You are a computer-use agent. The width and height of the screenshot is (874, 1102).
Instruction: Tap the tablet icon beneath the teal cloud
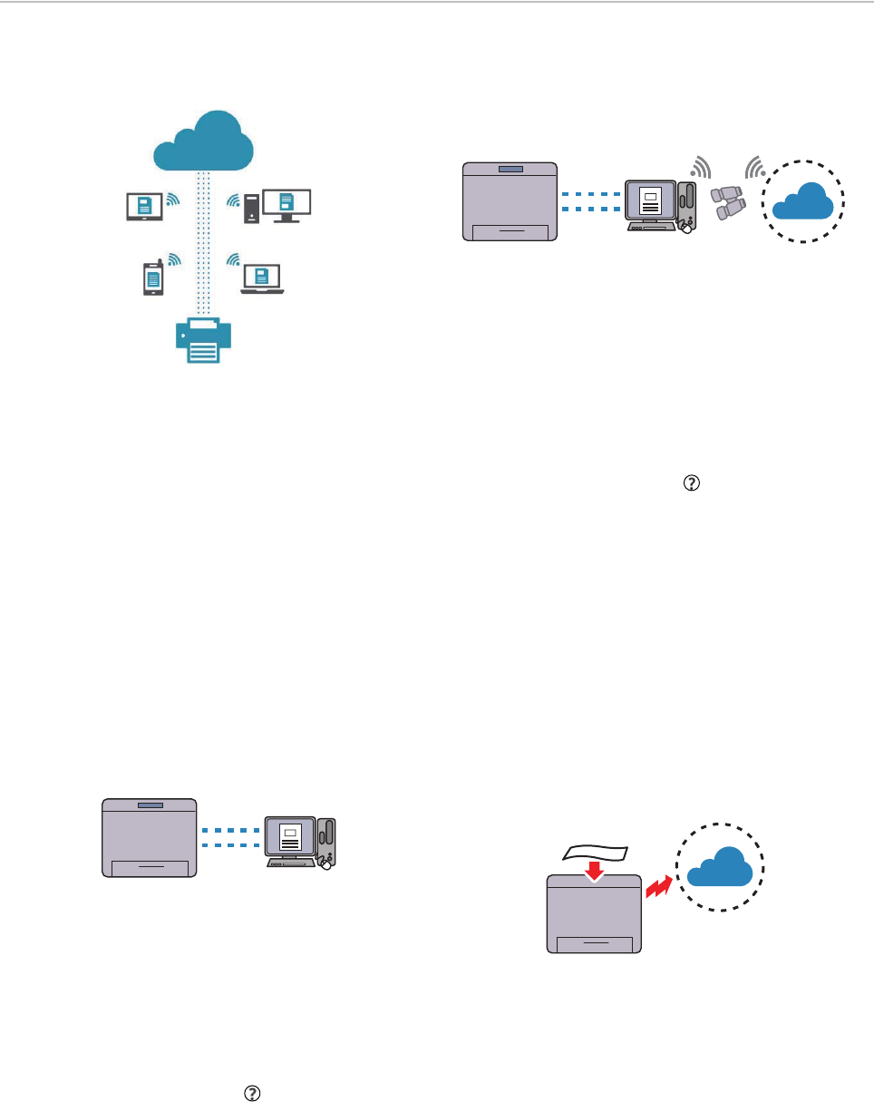[143, 206]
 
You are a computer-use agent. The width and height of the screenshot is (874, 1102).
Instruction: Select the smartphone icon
[151, 278]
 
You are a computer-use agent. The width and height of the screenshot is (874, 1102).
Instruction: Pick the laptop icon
[263, 278]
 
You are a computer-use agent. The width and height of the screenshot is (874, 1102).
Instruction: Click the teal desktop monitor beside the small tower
[286, 205]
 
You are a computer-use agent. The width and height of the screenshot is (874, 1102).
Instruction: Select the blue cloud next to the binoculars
[802, 200]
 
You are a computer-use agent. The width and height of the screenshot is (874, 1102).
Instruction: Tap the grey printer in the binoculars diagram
[509, 201]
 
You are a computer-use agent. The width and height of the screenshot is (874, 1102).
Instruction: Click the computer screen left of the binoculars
[650, 202]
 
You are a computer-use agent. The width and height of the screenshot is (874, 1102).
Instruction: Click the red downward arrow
[594, 870]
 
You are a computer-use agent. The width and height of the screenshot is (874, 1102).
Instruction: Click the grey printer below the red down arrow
[594, 917]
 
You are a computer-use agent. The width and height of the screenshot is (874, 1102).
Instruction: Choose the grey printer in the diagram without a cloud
[150, 837]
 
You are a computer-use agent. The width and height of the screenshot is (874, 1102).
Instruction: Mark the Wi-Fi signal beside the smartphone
[174, 261]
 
